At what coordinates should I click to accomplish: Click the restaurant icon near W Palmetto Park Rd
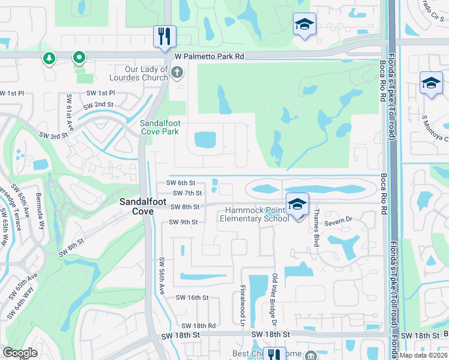tap(163, 36)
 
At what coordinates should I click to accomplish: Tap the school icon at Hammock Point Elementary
tap(297, 205)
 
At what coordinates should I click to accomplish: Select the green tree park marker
tap(48, 58)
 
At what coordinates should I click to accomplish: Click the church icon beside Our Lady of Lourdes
tap(176, 73)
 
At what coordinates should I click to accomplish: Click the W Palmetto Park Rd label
tap(209, 56)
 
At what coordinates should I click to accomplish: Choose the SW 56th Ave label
tap(161, 276)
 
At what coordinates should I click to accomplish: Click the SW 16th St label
tap(192, 298)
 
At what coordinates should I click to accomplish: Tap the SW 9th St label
tap(183, 222)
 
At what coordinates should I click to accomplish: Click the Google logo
tap(20, 353)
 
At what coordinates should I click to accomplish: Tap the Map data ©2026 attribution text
tap(424, 355)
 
